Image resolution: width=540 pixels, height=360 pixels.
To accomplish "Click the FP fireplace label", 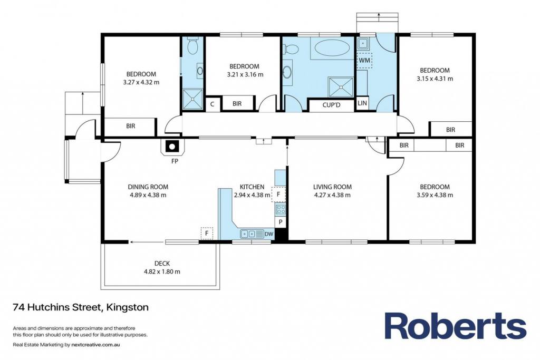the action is coord(175,161).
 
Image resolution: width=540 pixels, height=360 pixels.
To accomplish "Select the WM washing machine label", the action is coord(364,60).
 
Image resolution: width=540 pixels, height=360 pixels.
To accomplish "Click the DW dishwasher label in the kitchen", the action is coord(269,234).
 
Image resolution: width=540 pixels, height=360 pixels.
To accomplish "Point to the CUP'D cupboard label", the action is coord(331,105).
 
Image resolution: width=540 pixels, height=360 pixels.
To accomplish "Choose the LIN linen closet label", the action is coord(362,103).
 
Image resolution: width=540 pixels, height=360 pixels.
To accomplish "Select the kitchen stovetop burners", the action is coord(281,209).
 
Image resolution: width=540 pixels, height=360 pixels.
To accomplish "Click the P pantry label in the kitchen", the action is coord(281,222).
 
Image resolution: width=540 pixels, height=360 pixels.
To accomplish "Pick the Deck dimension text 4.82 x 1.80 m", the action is coord(162,271).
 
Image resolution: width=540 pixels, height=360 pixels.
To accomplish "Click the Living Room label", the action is coord(332,187).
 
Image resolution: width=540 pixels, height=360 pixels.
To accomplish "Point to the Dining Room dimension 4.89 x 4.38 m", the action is coord(148,195).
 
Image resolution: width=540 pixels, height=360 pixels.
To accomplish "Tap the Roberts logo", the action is coord(455,326).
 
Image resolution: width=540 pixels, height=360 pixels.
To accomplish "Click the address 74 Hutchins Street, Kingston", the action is coord(81,307).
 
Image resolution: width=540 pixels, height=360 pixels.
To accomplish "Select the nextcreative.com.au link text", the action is coord(95,345).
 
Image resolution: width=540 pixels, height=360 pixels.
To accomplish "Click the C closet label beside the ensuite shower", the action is coord(212,104).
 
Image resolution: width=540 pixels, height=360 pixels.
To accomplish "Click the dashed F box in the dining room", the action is coord(207,233).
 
